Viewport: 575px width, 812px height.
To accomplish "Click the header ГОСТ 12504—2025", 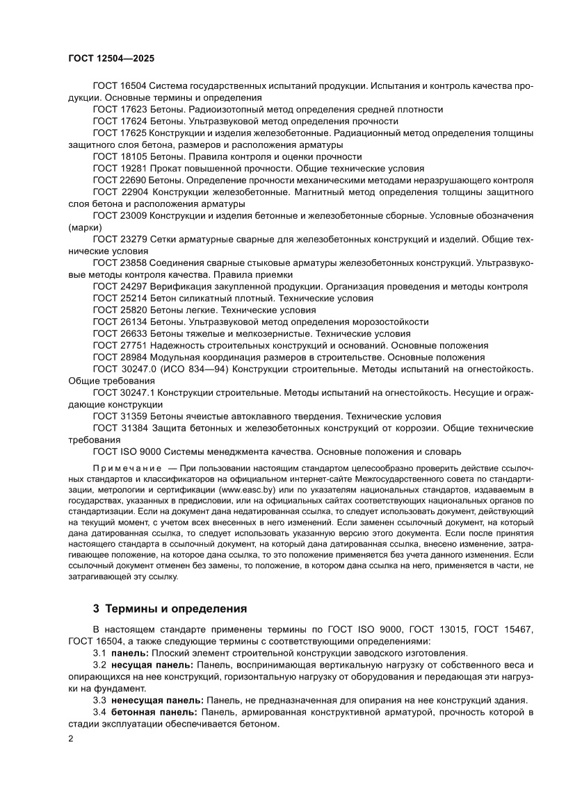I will point(111,59).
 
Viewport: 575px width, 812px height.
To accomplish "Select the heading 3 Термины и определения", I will point(170,608).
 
